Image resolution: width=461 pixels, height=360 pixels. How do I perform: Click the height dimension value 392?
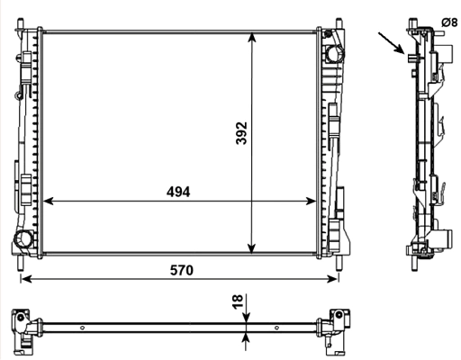[x=240, y=132]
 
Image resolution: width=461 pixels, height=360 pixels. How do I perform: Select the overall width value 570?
[x=179, y=269]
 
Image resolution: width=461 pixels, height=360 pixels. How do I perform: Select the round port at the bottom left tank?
[x=24, y=238]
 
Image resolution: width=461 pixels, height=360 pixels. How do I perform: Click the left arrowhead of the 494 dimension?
[x=47, y=202]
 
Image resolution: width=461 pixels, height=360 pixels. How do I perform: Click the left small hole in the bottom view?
[x=82, y=328]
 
